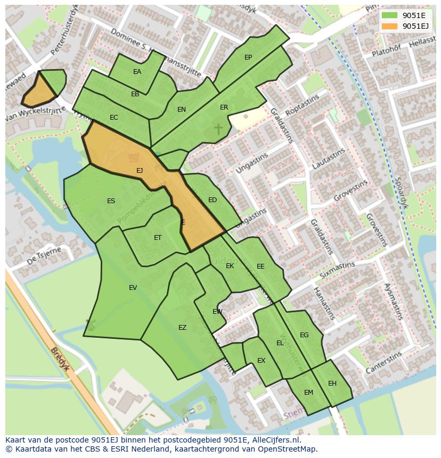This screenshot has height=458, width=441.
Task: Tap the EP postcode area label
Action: [x=248, y=57]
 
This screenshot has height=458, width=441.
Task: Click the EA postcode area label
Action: [x=137, y=72]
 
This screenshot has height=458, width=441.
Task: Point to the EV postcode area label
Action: [x=133, y=288]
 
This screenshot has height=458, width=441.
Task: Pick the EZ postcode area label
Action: [x=183, y=328]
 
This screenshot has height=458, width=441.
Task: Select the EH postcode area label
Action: [x=332, y=384]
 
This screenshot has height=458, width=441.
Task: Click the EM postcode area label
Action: [x=309, y=393]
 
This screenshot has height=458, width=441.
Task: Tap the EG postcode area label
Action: [x=304, y=335]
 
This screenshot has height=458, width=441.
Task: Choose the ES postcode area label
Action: [x=111, y=201]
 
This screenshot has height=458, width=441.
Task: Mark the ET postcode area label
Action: [x=158, y=238]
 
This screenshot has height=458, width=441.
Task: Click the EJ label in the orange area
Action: [x=140, y=171]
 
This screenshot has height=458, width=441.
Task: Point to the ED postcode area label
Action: [x=213, y=200]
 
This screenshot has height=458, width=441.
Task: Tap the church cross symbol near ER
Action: [x=218, y=128]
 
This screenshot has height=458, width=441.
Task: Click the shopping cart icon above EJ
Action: [x=133, y=157]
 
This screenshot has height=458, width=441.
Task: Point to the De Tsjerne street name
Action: [x=44, y=256]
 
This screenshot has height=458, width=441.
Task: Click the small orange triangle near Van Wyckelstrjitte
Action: [x=37, y=92]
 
